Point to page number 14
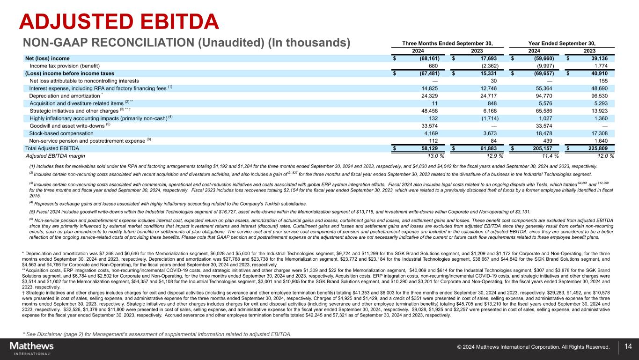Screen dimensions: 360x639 [x=628, y=347]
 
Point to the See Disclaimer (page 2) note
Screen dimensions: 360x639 [x=157, y=334]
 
